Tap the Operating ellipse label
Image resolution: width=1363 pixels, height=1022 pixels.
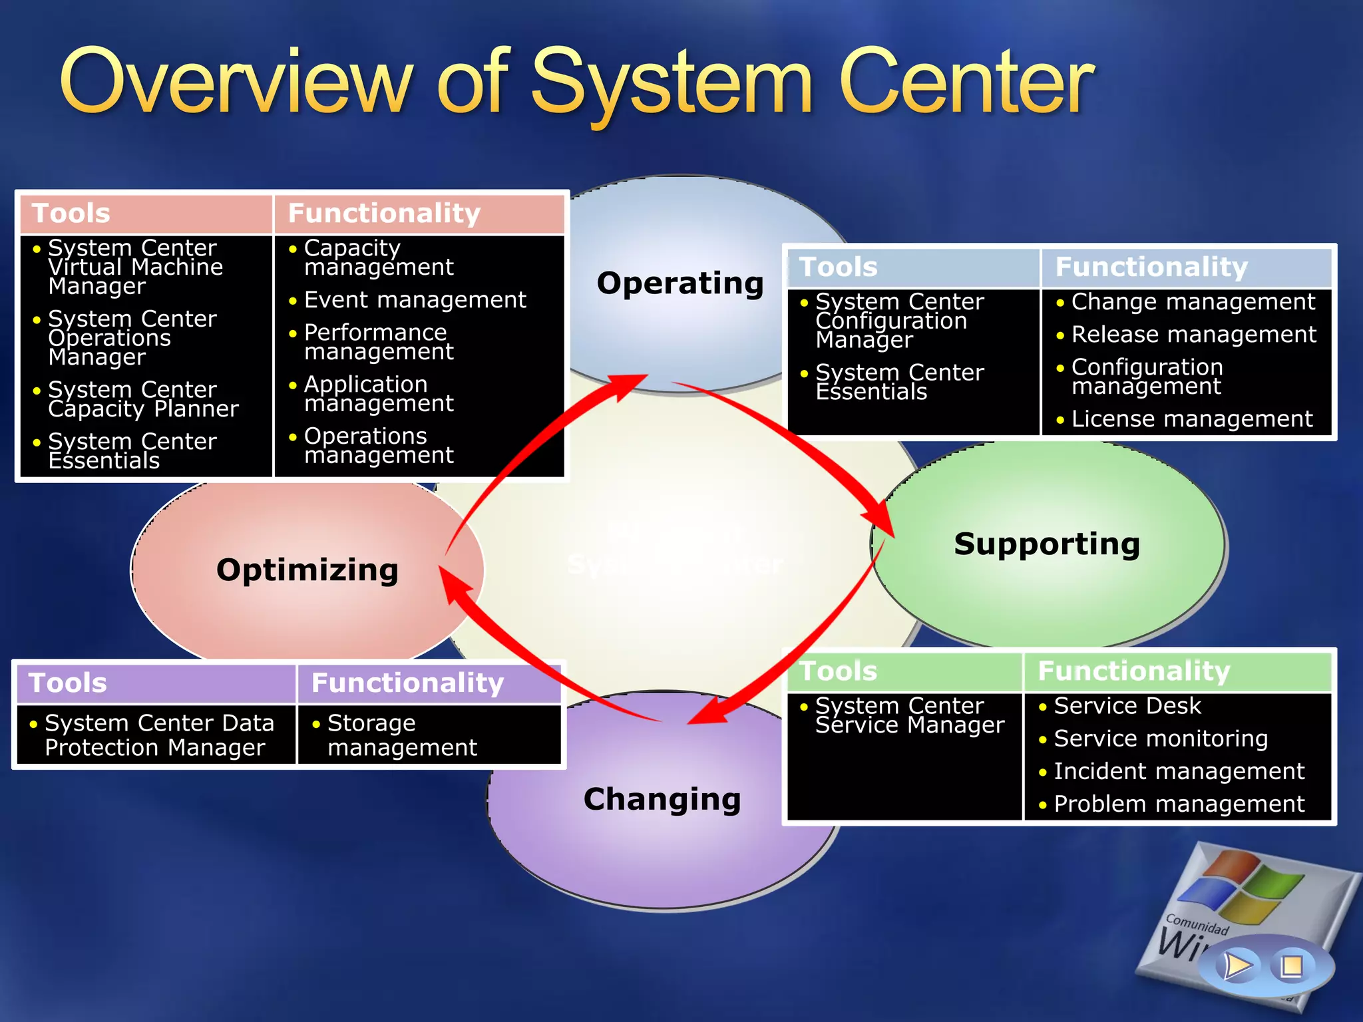(x=680, y=283)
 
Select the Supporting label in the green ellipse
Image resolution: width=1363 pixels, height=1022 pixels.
(x=1046, y=544)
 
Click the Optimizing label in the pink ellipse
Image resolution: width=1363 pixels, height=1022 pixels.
(x=307, y=570)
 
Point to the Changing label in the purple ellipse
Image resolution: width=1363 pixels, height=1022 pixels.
(x=662, y=799)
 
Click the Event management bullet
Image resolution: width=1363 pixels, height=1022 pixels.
(x=415, y=300)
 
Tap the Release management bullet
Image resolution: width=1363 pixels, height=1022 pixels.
(x=1193, y=335)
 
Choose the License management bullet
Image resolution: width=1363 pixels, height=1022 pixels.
(x=1192, y=419)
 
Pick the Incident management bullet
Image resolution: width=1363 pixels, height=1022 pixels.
(x=1179, y=771)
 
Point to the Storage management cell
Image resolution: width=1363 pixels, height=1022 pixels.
(x=402, y=735)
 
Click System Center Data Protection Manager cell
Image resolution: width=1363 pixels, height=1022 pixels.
(x=159, y=735)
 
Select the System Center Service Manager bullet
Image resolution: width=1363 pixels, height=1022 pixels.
(x=909, y=715)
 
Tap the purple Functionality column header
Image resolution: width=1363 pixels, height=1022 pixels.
(x=407, y=683)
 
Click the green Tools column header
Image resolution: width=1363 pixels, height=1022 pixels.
(x=838, y=671)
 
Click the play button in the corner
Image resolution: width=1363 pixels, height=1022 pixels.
(x=1237, y=965)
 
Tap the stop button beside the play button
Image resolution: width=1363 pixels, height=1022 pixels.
(x=1292, y=965)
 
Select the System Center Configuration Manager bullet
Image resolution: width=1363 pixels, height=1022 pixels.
(x=898, y=321)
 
